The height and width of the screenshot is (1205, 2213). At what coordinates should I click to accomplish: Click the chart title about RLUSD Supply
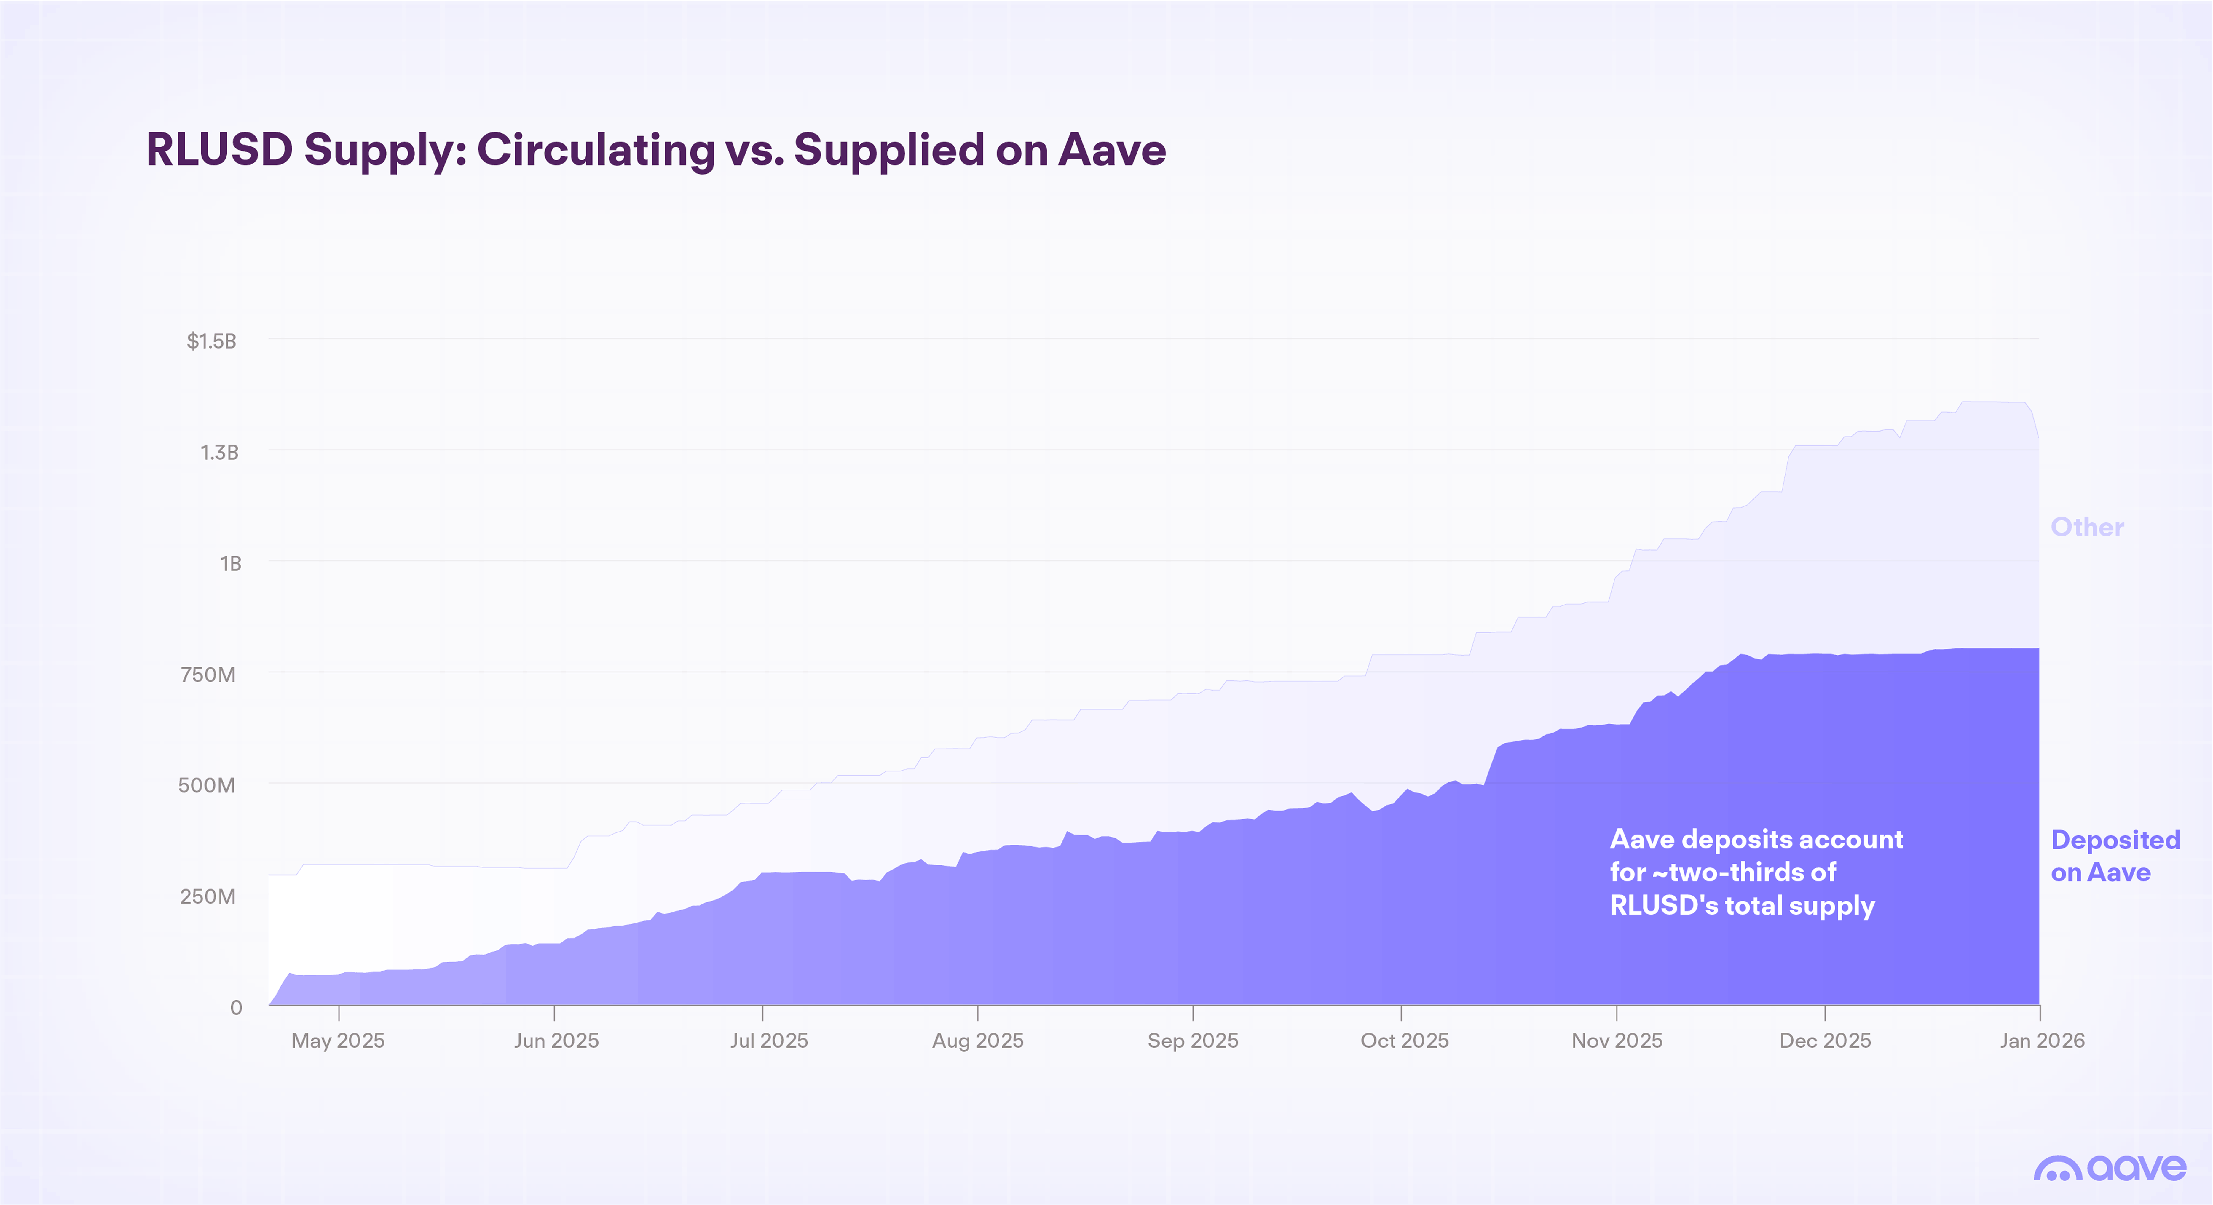[655, 150]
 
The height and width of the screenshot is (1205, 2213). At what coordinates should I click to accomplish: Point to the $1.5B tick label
[211, 341]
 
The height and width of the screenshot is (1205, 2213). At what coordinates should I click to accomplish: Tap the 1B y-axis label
[230, 563]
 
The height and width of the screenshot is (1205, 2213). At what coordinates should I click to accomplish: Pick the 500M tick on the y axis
[206, 785]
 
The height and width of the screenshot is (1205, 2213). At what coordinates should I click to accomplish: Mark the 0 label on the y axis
[236, 1007]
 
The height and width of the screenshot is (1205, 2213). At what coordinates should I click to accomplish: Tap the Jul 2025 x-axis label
[769, 1041]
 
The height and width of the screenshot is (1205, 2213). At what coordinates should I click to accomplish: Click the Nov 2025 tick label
[1617, 1041]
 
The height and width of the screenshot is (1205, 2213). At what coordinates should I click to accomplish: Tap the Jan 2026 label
[2041, 1041]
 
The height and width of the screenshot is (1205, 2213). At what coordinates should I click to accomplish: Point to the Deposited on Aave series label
[2114, 856]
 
